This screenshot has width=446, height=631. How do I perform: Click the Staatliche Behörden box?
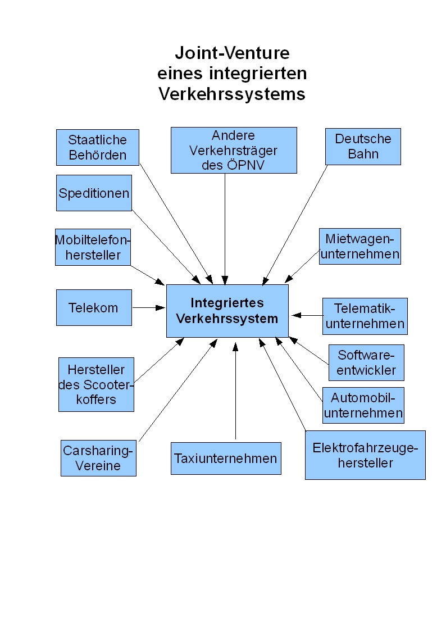pyautogui.click(x=98, y=147)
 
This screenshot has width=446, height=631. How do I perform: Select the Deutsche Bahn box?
pyautogui.click(x=363, y=147)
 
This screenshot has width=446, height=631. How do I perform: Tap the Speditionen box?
pyautogui.click(x=94, y=193)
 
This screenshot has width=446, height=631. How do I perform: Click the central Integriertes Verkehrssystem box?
pyautogui.click(x=227, y=311)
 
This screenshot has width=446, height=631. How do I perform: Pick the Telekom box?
pyautogui.click(x=94, y=307)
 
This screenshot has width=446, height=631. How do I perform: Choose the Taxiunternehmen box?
pyautogui.click(x=226, y=459)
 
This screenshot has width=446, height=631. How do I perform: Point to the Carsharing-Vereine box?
pyautogui.click(x=98, y=458)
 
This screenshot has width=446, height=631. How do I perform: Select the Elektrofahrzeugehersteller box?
pyautogui.click(x=365, y=455)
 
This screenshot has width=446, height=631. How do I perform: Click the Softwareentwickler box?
pyautogui.click(x=366, y=362)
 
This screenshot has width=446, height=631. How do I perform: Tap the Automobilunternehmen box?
pyautogui.click(x=363, y=405)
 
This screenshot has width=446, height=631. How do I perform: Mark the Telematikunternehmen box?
pyautogui.click(x=365, y=316)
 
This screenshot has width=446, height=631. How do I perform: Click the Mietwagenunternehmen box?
pyautogui.click(x=360, y=246)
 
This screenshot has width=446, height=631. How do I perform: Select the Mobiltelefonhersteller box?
pyautogui.click(x=93, y=247)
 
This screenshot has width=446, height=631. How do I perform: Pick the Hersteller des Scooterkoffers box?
pyautogui.click(x=96, y=384)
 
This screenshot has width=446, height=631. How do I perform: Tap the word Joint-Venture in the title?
pyautogui.click(x=232, y=53)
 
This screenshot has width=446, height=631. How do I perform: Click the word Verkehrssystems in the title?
pyautogui.click(x=232, y=94)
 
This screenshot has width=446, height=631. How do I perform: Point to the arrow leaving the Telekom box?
pyautogui.click(x=149, y=308)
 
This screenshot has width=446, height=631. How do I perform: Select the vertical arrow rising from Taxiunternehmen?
pyautogui.click(x=236, y=391)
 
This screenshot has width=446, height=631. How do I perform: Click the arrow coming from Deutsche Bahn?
pyautogui.click(x=295, y=225)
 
